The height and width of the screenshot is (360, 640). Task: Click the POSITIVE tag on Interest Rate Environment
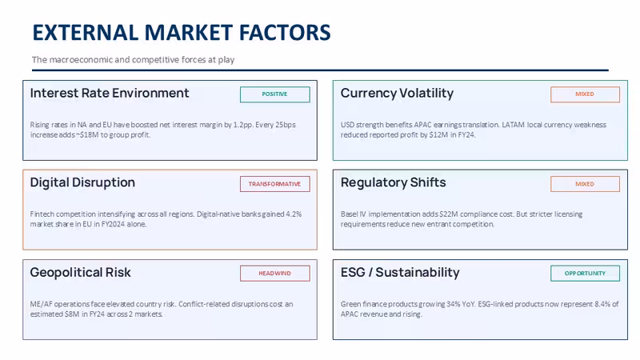tap(274, 94)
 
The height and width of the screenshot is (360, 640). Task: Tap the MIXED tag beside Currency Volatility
tap(585, 94)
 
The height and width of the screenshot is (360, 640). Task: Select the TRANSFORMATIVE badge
tap(274, 184)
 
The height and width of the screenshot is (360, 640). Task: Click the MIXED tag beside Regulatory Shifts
tap(585, 184)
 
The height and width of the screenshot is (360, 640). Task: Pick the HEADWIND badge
tap(274, 274)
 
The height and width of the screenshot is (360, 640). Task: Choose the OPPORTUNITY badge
tap(585, 274)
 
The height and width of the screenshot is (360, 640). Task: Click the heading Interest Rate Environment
tap(110, 94)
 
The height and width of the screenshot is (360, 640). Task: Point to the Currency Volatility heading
tap(397, 94)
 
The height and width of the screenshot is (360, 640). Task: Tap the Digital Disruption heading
tap(82, 183)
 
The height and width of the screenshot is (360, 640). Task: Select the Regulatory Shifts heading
tap(394, 183)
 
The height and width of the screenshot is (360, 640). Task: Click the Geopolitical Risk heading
tap(81, 273)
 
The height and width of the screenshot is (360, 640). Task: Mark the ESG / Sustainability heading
tap(400, 273)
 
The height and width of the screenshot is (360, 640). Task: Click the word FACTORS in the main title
tap(285, 33)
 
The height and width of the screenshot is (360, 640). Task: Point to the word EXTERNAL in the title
tap(86, 33)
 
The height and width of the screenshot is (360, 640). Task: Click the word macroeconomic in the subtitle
tap(81, 60)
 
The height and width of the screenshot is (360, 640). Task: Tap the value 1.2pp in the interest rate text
tap(242, 125)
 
